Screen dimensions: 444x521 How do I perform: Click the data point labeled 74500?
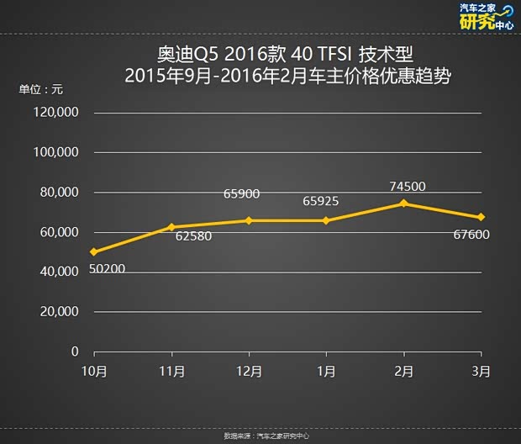[x=404, y=203]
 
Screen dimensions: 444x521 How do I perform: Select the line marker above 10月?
[x=94, y=251]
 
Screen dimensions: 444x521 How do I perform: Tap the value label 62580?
[x=193, y=236]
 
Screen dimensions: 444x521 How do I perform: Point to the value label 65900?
[x=241, y=194]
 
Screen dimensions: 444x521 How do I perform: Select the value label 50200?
[x=107, y=269]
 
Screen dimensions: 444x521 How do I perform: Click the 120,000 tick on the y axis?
[x=57, y=113]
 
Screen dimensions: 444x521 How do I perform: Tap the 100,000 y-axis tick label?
[x=57, y=152]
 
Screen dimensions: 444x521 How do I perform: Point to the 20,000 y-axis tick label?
[x=60, y=311]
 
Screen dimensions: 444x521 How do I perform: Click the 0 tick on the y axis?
[x=75, y=351]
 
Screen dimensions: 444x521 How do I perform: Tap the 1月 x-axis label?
[x=327, y=371]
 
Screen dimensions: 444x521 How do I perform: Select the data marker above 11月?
[x=171, y=227]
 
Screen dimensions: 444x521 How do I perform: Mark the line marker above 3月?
[x=481, y=217]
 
